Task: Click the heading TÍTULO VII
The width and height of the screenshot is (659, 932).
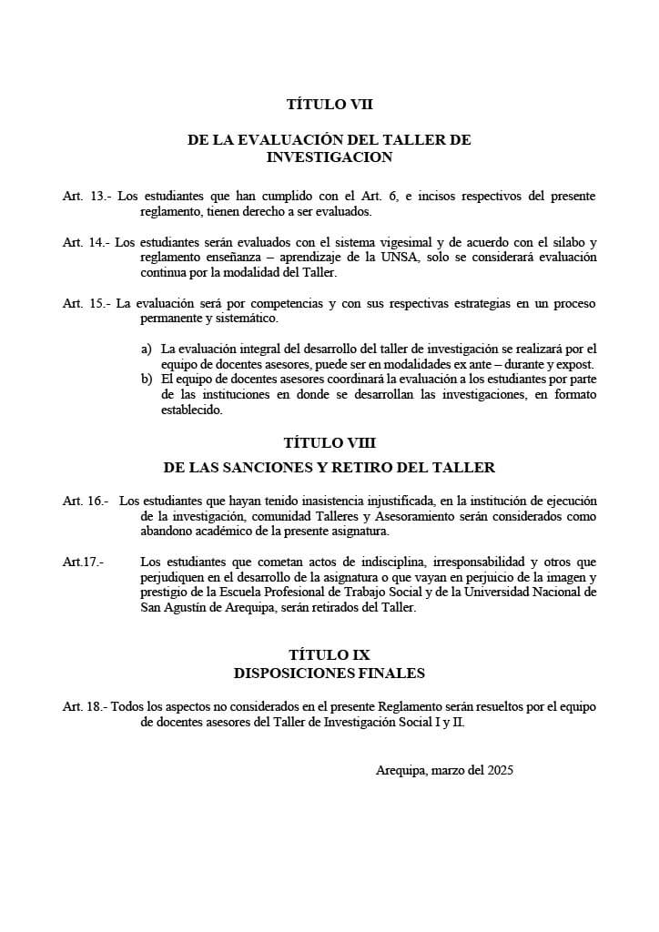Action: click(329, 105)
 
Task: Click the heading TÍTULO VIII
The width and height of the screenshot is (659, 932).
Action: click(329, 442)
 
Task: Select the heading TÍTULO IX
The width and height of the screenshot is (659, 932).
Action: click(329, 654)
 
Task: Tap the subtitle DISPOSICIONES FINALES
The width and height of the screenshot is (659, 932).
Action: click(329, 674)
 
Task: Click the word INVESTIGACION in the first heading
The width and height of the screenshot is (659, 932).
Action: click(329, 157)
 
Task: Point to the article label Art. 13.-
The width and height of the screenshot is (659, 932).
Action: click(86, 196)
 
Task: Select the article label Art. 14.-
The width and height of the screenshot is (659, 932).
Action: click(86, 242)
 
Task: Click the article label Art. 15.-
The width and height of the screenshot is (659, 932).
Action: click(86, 303)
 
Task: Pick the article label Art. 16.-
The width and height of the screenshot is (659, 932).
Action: click(86, 501)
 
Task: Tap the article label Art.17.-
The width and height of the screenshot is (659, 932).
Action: click(83, 562)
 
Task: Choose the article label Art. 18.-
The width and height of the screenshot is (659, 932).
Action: click(86, 706)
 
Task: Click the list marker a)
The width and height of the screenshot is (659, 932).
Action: click(146, 349)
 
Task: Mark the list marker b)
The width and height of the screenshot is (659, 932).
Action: click(146, 379)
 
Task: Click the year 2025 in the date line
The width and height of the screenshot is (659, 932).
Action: click(500, 770)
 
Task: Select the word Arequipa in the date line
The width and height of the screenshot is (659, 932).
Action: click(400, 770)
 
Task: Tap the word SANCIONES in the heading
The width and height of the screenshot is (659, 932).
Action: click(281, 468)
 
